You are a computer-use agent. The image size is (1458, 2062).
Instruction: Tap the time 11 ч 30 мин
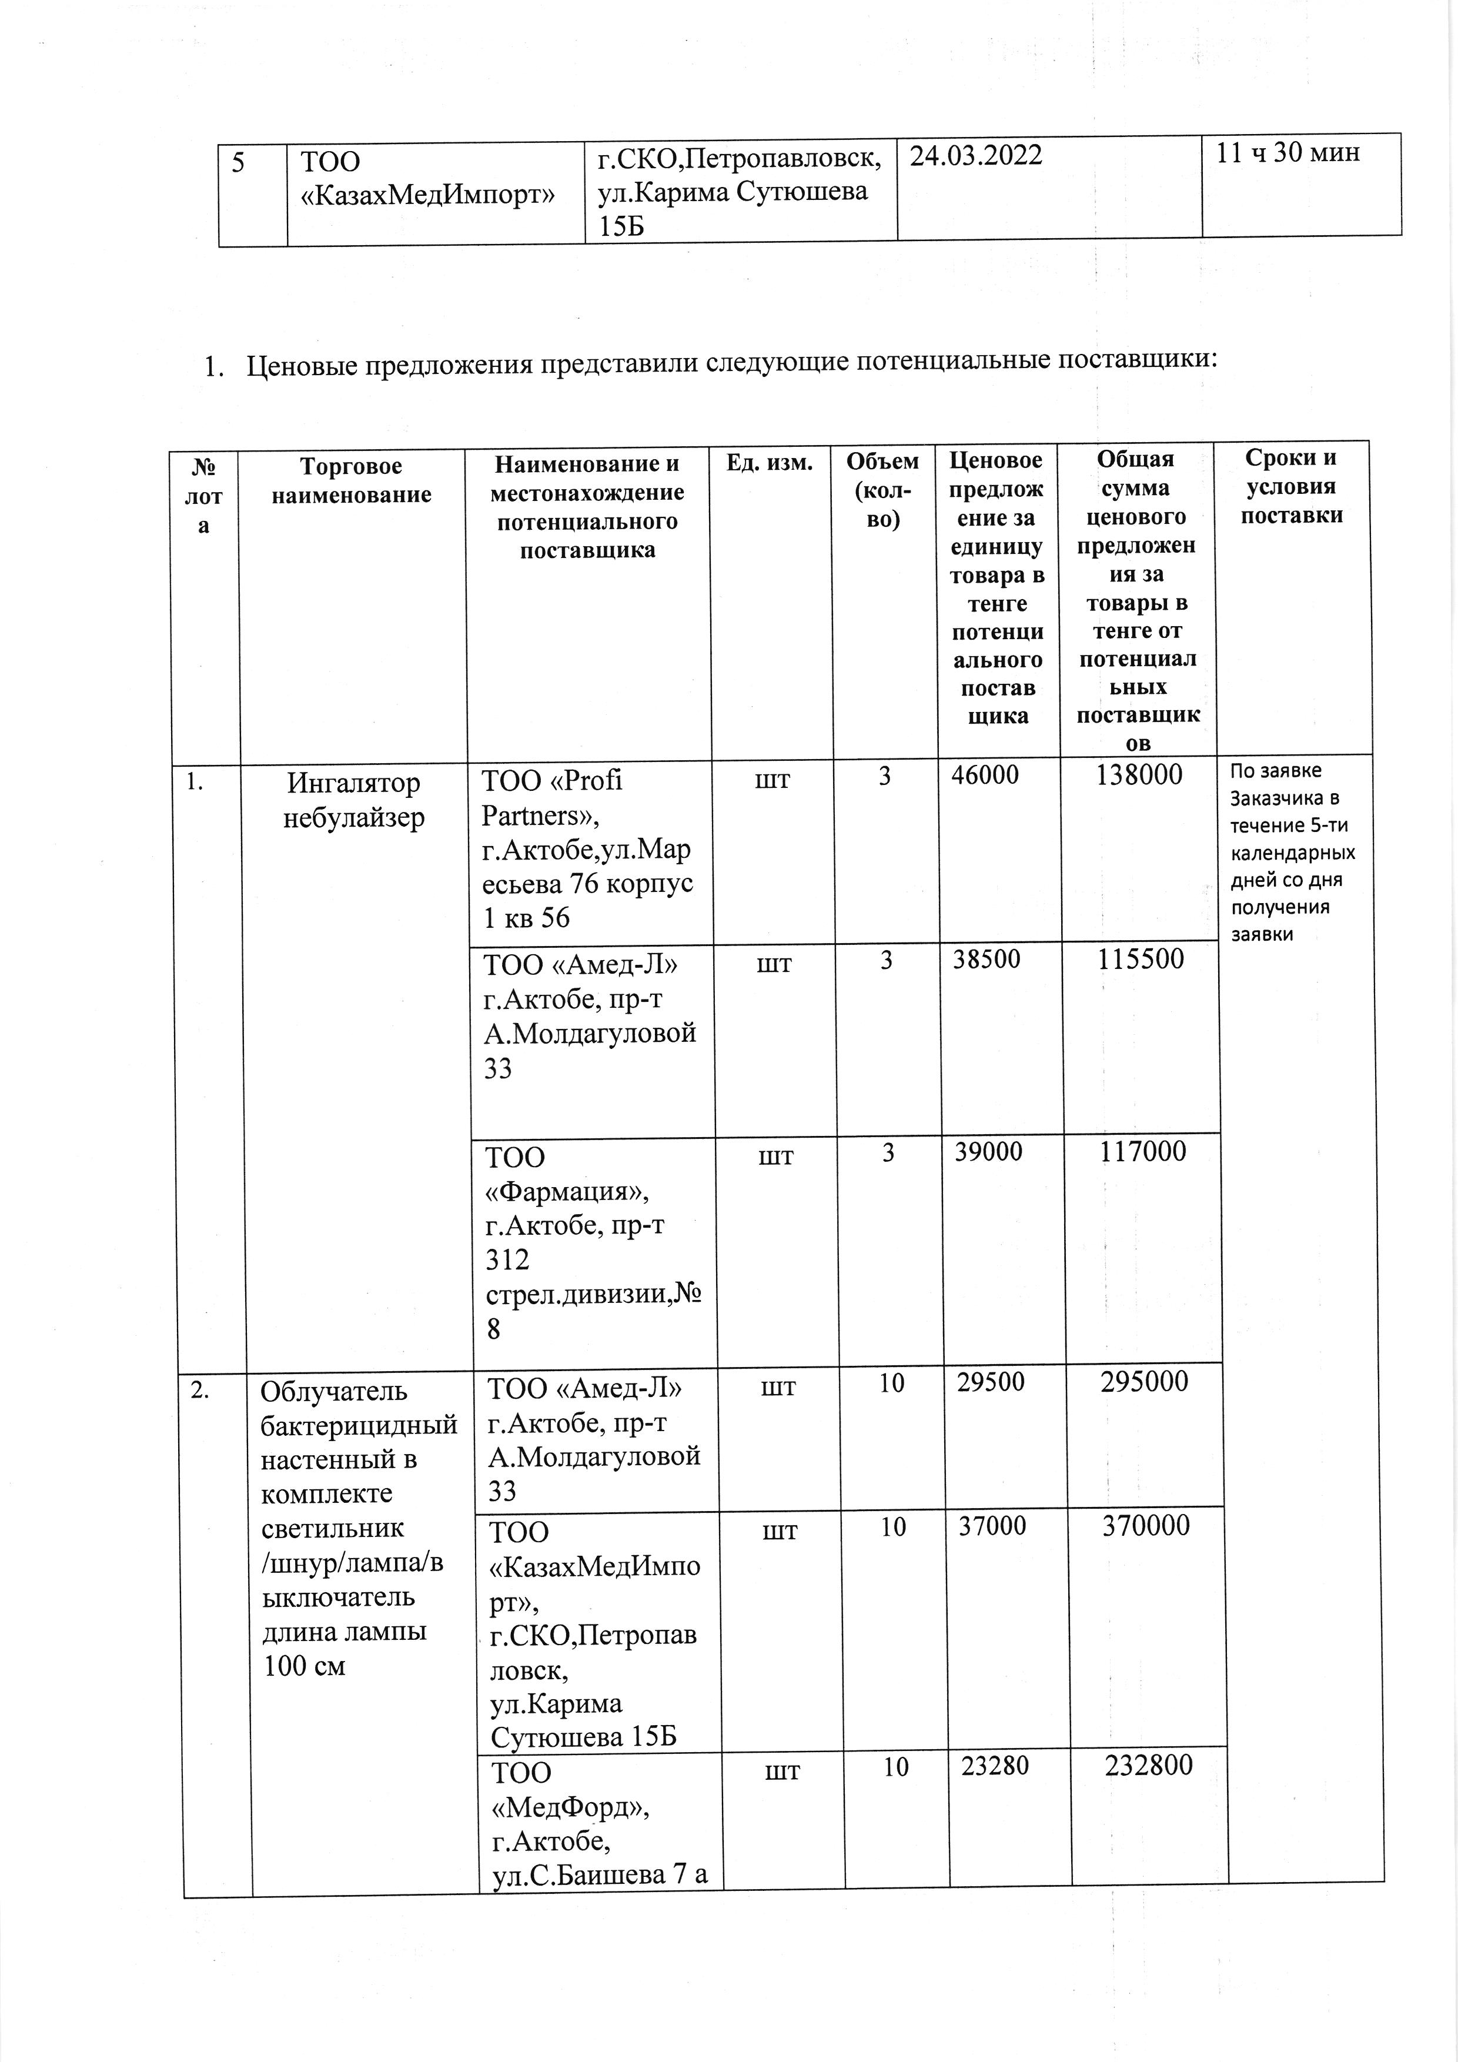pyautogui.click(x=1288, y=153)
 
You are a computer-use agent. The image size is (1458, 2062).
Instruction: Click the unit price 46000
pyautogui.click(x=985, y=775)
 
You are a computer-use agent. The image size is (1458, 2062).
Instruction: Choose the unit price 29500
pyautogui.click(x=990, y=1381)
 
